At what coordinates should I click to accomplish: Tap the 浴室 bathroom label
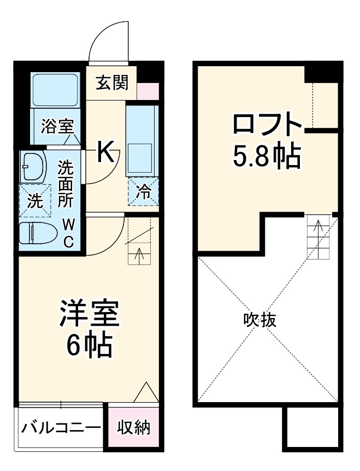pos(57,127)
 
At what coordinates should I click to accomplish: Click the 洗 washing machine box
pos(34,201)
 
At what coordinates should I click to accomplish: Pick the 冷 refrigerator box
pos(143,191)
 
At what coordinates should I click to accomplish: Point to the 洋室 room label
pos(90,314)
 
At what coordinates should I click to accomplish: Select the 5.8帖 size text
pos(267,157)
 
